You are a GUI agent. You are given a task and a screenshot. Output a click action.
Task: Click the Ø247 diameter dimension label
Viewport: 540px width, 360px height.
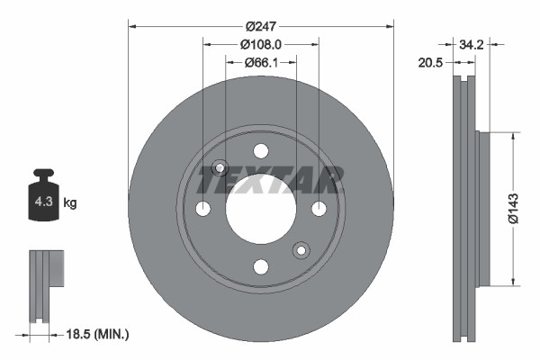[x=261, y=25]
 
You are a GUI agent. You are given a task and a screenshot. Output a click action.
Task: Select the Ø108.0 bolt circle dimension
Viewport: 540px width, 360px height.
[x=261, y=43]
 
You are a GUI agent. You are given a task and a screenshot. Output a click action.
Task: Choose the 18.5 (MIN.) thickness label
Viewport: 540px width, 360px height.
[x=98, y=334]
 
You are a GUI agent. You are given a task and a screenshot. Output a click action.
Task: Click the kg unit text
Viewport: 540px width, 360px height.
[x=70, y=203]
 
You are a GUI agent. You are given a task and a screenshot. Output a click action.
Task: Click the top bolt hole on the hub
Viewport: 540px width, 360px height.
[x=261, y=151]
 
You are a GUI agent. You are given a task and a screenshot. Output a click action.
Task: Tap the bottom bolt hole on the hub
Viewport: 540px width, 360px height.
[x=261, y=266]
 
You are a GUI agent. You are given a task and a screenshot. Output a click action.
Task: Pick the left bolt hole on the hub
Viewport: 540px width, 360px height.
[x=202, y=209]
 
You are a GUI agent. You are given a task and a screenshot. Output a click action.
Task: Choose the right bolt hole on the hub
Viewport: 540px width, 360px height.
[x=319, y=209]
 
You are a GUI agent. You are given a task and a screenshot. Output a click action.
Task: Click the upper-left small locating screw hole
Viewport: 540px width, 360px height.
[x=219, y=168]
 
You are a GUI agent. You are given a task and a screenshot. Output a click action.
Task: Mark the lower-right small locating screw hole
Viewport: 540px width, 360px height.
[x=301, y=250]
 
